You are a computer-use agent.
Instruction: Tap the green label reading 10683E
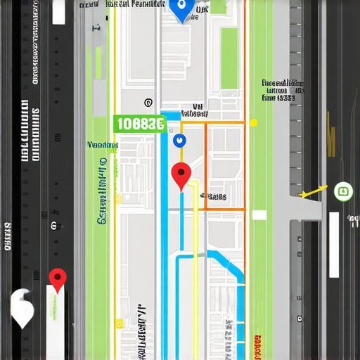point(139,124)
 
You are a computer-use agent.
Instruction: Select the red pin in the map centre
point(181,174)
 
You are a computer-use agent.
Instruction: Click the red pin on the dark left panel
point(57,278)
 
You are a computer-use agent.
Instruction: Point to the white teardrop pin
point(22,307)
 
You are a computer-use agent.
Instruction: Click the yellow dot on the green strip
point(253,122)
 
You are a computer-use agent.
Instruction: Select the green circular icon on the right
point(343,190)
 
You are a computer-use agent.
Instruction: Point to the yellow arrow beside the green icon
point(314,191)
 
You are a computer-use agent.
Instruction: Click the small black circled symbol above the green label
point(147,102)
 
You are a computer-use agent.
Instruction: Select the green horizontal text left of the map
point(103,145)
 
